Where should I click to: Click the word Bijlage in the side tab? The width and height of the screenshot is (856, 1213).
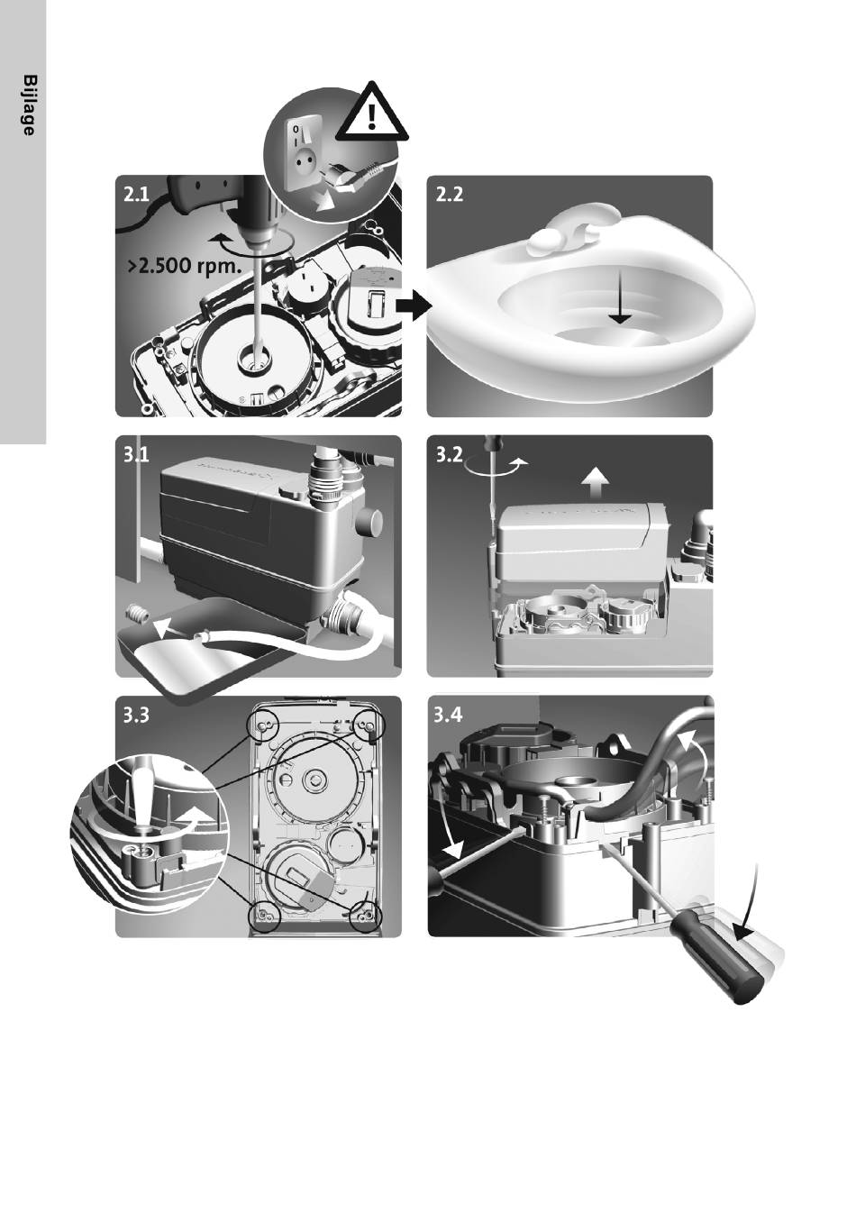pyautogui.click(x=29, y=105)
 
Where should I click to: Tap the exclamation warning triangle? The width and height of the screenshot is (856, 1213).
pyautogui.click(x=370, y=113)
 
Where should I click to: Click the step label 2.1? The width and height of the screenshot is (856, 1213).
pyautogui.click(x=136, y=194)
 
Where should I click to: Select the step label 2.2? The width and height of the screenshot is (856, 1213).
pyautogui.click(x=450, y=194)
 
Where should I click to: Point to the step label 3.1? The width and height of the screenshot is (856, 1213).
pyautogui.click(x=136, y=454)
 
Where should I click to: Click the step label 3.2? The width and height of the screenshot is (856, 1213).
pyautogui.click(x=450, y=454)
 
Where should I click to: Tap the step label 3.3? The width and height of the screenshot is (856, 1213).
pyautogui.click(x=136, y=716)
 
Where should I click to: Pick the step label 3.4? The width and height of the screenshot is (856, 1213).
pyautogui.click(x=449, y=715)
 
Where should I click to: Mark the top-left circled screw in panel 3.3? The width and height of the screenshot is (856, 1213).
pyautogui.click(x=263, y=726)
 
